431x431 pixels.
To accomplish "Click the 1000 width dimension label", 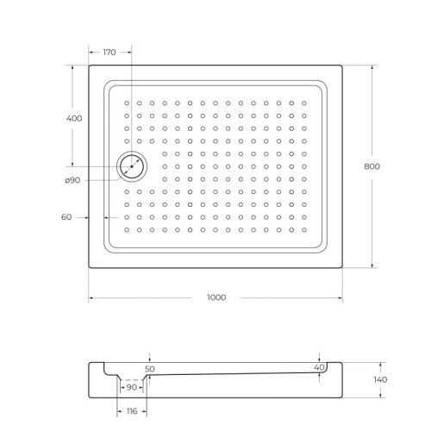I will pyautogui.click(x=215, y=297).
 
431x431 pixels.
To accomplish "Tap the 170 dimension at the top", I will pyautogui.click(x=109, y=53).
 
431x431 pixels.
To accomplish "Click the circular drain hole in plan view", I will pyautogui.click(x=132, y=165).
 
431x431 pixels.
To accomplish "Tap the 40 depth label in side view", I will pyautogui.click(x=319, y=368).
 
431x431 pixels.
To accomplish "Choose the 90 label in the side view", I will pyautogui.click(x=132, y=388).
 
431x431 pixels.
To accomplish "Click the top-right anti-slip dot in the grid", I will pyautogui.click(x=304, y=103).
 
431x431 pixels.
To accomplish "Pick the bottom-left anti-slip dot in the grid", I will pyautogui.click(x=126, y=229).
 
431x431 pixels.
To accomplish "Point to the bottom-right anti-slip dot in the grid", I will pyautogui.click(x=304, y=229).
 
